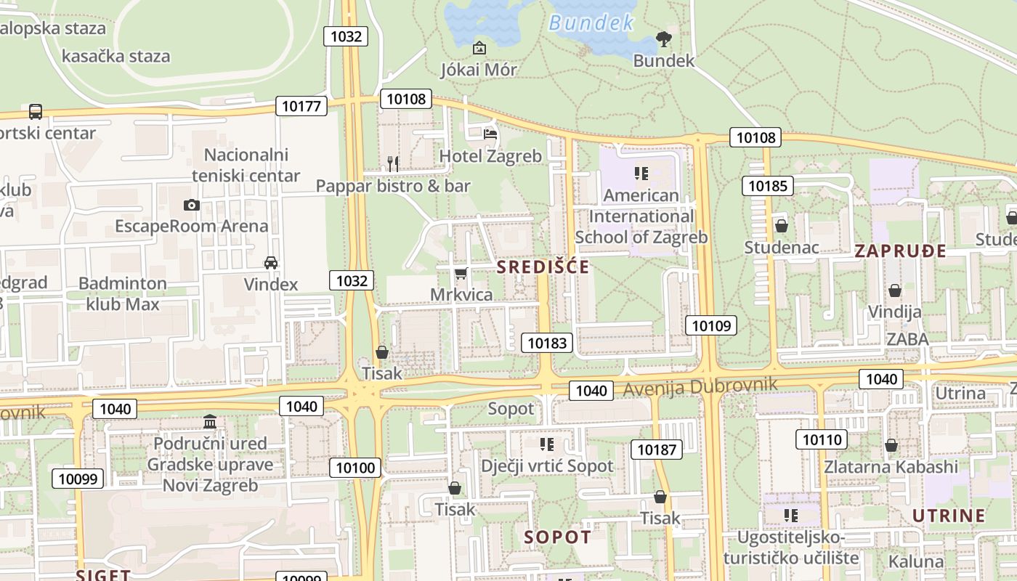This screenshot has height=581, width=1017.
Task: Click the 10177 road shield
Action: (x=301, y=106)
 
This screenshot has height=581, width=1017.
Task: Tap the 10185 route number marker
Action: (x=767, y=186)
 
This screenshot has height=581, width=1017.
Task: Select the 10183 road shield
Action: (x=547, y=343)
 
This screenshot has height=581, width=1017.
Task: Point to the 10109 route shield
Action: (x=711, y=325)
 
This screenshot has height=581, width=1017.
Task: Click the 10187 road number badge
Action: (x=657, y=450)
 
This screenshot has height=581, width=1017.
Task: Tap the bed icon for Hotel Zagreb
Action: (x=490, y=134)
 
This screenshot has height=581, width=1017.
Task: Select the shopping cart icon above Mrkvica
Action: (x=460, y=273)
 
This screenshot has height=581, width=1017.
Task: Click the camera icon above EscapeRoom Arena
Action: (x=192, y=205)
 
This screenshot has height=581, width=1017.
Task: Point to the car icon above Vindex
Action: (x=271, y=262)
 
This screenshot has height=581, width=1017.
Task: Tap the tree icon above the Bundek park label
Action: (x=663, y=39)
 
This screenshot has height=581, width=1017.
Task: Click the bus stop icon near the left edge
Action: (x=36, y=112)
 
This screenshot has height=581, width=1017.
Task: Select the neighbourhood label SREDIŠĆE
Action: (x=543, y=267)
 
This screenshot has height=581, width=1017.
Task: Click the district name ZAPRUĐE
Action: (x=900, y=251)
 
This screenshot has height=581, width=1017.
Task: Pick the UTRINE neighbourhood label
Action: (x=948, y=516)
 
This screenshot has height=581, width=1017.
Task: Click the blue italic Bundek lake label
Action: (x=591, y=23)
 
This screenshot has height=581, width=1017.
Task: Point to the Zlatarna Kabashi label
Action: (x=891, y=466)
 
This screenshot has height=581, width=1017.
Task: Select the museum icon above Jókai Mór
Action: (x=479, y=48)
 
